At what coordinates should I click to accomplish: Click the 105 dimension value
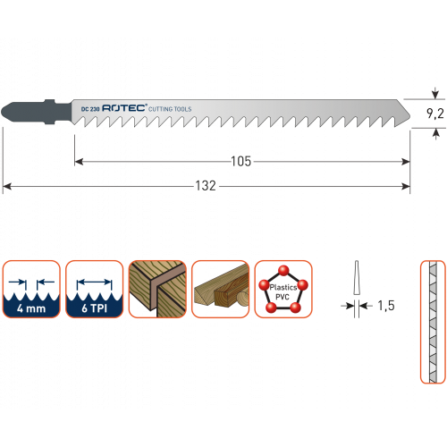(x=241, y=162)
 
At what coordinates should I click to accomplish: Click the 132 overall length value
(x=206, y=186)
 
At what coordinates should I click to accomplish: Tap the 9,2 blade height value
(x=435, y=114)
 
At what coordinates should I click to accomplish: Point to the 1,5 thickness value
(x=386, y=306)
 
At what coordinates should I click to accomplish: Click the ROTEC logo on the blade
(x=124, y=108)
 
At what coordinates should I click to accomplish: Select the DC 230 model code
(x=90, y=109)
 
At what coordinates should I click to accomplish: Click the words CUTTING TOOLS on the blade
(x=170, y=109)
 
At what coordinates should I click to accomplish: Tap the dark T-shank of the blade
(x=37, y=112)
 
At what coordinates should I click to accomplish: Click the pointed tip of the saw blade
(x=410, y=115)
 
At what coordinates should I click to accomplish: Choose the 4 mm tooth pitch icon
(x=31, y=289)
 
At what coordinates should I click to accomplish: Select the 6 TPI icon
(x=94, y=289)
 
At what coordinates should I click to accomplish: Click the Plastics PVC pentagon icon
(x=283, y=289)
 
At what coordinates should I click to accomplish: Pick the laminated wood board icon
(x=157, y=289)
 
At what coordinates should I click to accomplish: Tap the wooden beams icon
(x=220, y=289)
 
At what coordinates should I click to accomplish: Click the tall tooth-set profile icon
(x=433, y=322)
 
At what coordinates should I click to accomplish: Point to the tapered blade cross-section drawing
(x=357, y=278)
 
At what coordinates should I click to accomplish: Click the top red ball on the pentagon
(x=283, y=271)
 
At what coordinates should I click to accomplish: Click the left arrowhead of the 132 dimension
(x=6, y=187)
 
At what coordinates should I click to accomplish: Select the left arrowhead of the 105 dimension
(x=79, y=162)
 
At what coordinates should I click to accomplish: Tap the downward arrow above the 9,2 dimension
(x=435, y=93)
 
